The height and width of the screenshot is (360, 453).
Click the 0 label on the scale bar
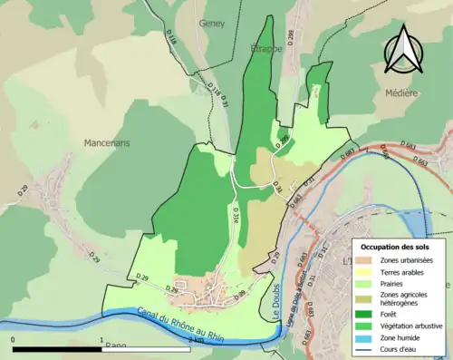coord(13,339)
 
